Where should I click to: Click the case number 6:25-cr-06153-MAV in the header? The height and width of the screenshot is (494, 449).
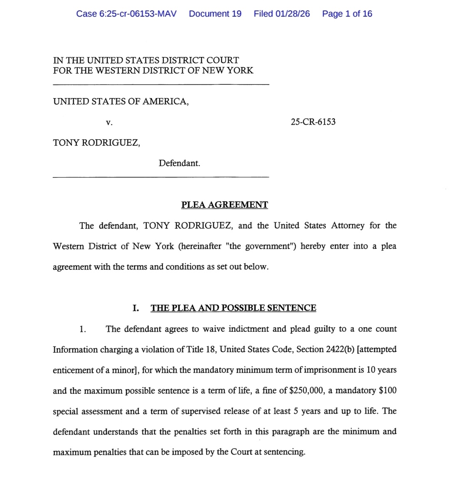[126, 14]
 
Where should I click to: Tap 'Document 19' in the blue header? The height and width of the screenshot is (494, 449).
[215, 14]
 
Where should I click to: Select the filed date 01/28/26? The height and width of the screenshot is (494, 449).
[293, 14]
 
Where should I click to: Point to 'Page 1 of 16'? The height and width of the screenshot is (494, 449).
[347, 14]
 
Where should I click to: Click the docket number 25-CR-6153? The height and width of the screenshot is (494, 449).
[313, 122]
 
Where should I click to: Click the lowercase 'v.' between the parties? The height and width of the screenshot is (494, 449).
[109, 122]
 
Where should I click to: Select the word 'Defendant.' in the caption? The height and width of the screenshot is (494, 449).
[179, 163]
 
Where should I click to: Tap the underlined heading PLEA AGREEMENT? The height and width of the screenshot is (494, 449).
[224, 205]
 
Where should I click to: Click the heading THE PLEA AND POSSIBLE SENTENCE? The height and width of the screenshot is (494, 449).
[233, 308]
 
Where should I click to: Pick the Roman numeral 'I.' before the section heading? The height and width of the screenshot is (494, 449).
[136, 308]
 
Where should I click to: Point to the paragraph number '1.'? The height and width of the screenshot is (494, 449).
[83, 329]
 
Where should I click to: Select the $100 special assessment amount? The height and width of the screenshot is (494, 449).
[388, 390]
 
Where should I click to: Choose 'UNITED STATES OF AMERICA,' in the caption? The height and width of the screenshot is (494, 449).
[121, 101]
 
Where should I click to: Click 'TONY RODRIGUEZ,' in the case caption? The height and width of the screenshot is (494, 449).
[96, 143]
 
